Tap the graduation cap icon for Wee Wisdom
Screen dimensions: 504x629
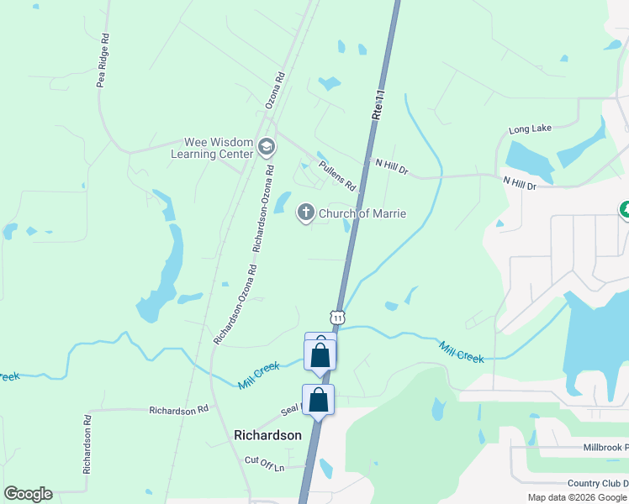267,148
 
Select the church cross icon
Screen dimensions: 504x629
306,213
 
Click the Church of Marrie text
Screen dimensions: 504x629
362,213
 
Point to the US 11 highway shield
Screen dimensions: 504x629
337,318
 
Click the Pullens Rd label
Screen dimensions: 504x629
339,175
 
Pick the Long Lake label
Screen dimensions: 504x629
530,129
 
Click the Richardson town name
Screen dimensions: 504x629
267,435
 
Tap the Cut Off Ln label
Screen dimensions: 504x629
265,461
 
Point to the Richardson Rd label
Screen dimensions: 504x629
178,411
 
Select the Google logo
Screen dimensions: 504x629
29,494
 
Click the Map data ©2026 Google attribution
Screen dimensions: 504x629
577,497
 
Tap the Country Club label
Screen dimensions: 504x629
597,483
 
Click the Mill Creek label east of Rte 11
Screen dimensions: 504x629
462,352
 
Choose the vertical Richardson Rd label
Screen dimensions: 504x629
87,444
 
